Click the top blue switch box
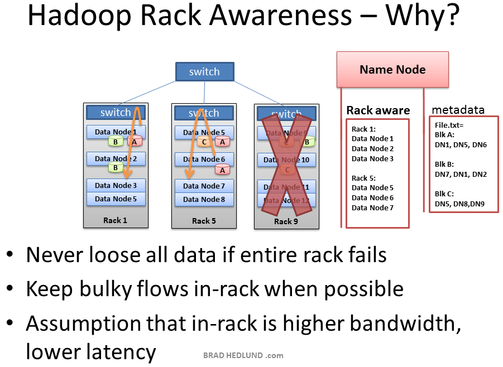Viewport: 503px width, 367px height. (204, 71)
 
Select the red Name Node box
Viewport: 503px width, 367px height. (392, 69)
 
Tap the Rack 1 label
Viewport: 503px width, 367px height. (115, 220)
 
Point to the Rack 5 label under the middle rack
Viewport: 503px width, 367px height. (204, 221)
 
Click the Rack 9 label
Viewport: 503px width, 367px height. (286, 221)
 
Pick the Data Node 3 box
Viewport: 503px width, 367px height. (116, 185)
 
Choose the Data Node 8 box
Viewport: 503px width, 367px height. (204, 199)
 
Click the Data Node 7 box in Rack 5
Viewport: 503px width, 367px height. (204, 186)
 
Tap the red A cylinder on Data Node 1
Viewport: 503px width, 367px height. (135, 142)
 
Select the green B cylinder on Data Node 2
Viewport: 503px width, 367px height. (116, 167)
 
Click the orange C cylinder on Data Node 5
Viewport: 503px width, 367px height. (204, 142)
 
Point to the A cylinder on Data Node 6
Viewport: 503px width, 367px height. (222, 170)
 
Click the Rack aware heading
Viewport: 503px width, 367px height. (378, 110)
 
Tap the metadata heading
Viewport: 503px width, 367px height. (458, 109)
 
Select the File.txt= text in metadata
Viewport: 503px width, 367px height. (449, 125)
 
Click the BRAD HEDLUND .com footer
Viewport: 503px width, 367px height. (243, 355)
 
